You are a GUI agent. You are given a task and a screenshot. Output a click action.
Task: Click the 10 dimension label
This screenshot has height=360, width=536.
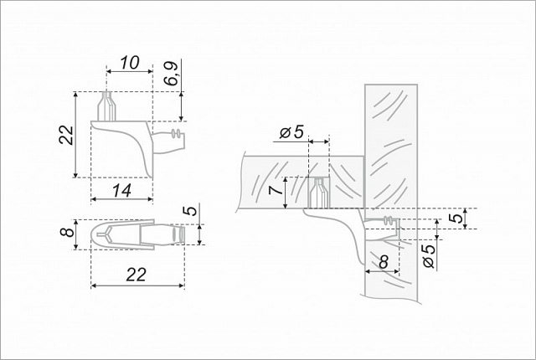[130, 63]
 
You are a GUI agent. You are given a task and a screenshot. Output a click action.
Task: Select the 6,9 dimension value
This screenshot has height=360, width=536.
[172, 75]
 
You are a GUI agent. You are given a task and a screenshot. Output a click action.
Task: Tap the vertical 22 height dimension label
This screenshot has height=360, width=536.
[66, 136]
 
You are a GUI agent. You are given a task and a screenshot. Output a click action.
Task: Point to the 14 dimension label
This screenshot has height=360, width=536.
[121, 191]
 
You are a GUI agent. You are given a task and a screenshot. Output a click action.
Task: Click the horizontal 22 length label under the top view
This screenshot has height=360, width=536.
[137, 275]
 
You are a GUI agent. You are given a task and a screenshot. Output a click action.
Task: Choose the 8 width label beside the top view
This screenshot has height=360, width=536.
[67, 232]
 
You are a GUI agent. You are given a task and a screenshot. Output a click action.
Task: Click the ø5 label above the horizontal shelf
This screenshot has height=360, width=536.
[291, 131]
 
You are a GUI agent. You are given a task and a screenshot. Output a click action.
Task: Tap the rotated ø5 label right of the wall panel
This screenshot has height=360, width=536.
[430, 256]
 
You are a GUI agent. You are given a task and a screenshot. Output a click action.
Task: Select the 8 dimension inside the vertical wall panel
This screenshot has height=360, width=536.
[384, 262]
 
